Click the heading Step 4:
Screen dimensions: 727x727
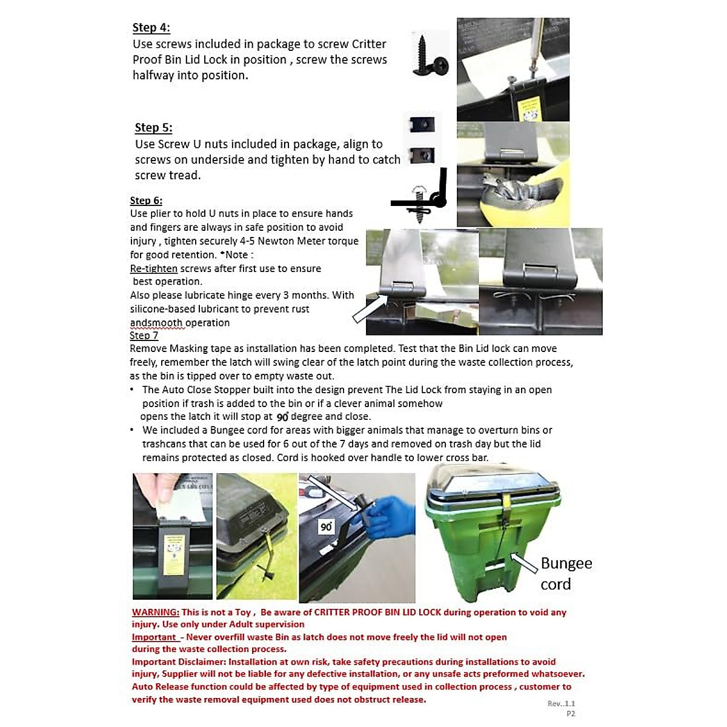[151, 28]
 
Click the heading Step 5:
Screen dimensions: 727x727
[153, 128]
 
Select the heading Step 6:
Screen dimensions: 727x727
[146, 201]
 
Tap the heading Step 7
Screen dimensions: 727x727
[144, 336]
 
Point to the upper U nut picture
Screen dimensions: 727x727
[422, 125]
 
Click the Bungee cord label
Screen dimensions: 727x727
[566, 573]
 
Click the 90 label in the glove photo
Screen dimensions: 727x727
[327, 527]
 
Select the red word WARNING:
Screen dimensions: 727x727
[156, 612]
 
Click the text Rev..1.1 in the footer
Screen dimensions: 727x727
[561, 703]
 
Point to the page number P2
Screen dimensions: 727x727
[570, 714]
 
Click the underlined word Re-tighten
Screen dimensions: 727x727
[154, 268]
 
